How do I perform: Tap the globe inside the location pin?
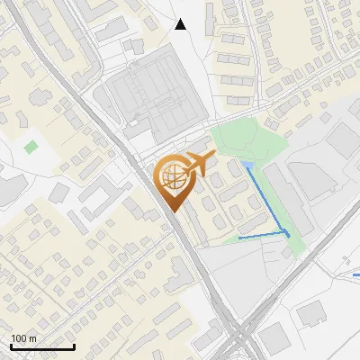pos(172,178)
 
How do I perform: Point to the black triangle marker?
pos(181,24)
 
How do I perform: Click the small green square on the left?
pos(31,146)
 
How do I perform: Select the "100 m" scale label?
pos(23,338)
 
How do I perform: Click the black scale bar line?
pos(42,346)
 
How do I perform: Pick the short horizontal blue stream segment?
pos(261,237)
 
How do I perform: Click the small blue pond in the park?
pos(247,166)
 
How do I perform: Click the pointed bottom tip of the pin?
pos(172,211)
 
